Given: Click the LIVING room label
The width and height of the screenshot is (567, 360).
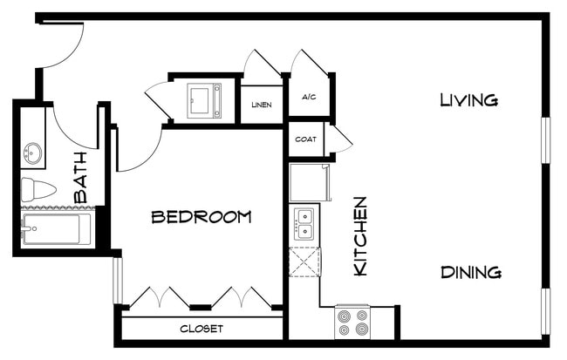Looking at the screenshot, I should point(468,100).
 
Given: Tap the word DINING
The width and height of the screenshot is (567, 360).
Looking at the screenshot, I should point(470,272).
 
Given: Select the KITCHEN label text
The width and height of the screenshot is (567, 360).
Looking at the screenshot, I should point(359,236).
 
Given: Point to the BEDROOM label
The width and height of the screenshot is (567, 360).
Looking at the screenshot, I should point(202,216).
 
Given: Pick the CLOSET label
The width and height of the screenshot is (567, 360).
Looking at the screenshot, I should point(202,329).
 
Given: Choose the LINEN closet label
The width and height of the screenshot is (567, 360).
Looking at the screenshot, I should point(261,105).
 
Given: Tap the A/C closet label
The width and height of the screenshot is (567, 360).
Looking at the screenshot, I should point(308,98).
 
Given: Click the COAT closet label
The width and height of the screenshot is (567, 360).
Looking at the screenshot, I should point(305,139).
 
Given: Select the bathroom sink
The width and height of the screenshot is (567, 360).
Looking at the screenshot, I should point(33,154).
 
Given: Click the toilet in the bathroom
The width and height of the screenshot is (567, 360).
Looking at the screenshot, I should point(37,188).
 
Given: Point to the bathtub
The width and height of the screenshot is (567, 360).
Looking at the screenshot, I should point(56,229).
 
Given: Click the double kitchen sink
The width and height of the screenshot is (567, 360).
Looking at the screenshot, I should point(304,225).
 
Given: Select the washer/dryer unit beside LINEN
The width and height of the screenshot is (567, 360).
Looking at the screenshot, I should point(205,99).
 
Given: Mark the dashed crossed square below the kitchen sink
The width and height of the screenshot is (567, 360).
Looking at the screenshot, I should point(304,262).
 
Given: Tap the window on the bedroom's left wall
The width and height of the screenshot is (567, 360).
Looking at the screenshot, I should point(116,280).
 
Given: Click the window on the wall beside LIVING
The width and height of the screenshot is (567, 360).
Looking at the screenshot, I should point(546,139).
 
